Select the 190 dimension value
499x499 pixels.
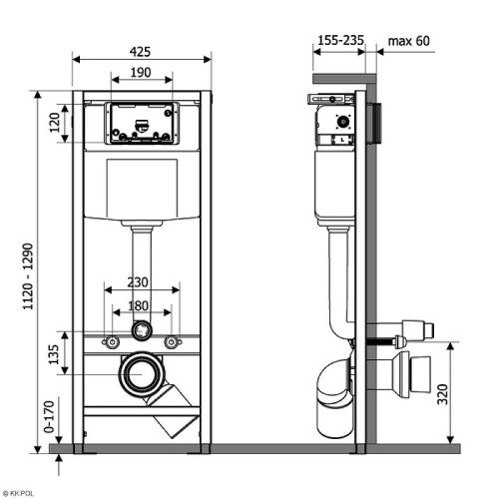click(x=141, y=74)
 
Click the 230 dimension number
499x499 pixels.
click(x=142, y=281)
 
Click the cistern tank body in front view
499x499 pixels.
click(x=141, y=190)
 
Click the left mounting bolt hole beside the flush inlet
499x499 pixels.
click(x=108, y=342)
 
